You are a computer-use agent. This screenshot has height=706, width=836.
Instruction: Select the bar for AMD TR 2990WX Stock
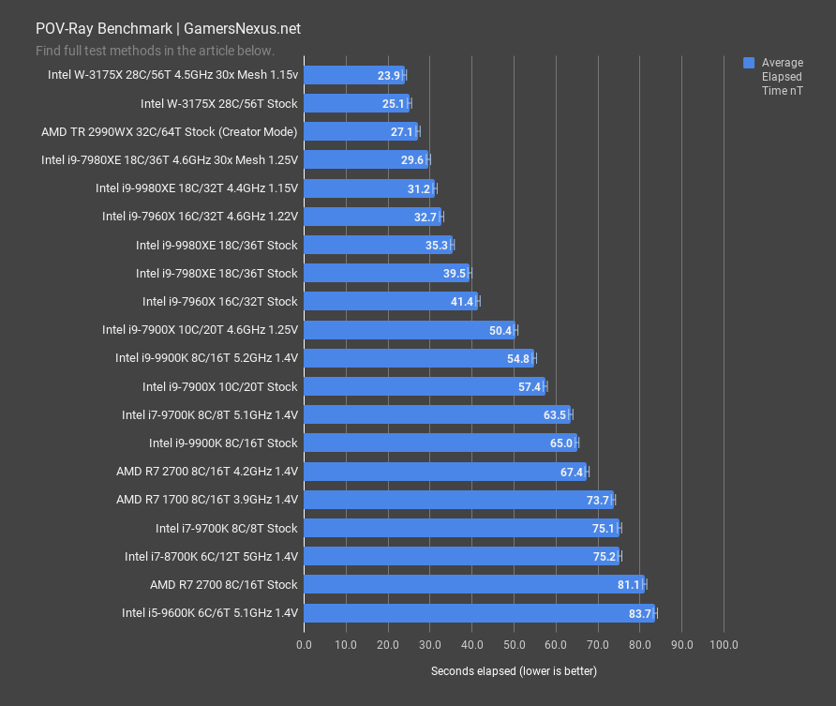tap(361, 132)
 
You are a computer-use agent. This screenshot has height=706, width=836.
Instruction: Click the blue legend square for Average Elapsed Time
tap(749, 63)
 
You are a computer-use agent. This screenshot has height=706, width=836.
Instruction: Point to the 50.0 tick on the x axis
tap(514, 645)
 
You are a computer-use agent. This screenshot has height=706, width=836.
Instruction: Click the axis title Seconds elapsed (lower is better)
tap(514, 671)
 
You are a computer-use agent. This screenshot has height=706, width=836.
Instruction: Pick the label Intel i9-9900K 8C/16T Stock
tap(223, 443)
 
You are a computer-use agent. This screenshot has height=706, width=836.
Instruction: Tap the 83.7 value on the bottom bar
tap(640, 613)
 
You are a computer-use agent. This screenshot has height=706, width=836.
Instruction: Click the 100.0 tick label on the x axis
tap(724, 645)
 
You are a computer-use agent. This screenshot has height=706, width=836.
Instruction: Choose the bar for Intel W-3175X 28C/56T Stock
tap(356, 104)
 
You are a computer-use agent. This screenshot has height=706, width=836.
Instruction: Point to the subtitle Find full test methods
tap(155, 51)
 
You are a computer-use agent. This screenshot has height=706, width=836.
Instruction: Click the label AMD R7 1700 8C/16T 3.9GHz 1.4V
tap(206, 500)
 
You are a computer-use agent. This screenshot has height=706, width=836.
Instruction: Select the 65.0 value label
tap(561, 443)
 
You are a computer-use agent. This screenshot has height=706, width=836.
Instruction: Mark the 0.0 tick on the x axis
tap(304, 645)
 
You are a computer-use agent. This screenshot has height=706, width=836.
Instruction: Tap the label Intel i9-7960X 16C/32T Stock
tap(219, 301)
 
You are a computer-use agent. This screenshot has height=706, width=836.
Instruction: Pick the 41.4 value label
tap(463, 301)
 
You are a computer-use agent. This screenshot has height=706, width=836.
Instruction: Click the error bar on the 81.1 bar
tap(644, 585)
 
